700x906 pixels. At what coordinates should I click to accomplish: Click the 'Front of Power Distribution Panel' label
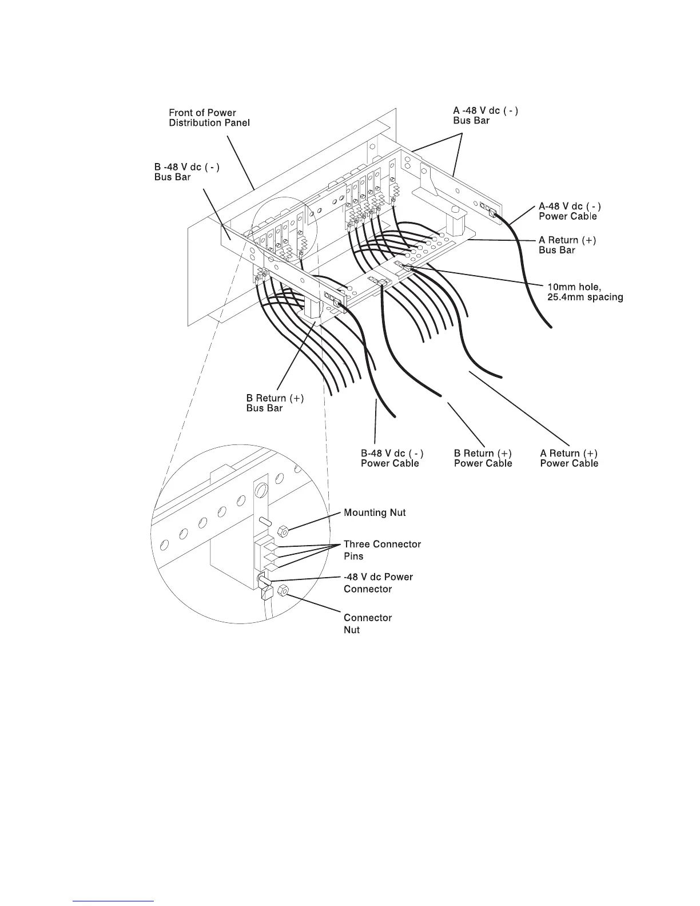point(209,118)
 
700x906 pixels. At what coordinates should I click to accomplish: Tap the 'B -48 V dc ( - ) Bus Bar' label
point(187,172)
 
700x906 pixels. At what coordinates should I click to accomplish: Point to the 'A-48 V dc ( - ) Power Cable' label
point(570,211)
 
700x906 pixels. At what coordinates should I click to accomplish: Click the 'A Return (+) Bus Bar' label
point(567,245)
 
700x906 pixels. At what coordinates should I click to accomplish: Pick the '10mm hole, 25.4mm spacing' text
point(584,292)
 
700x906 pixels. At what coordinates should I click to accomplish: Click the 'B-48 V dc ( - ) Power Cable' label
point(392,458)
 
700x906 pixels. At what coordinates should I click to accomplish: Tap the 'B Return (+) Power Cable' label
point(483,458)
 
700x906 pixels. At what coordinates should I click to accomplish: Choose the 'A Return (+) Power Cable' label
point(569,458)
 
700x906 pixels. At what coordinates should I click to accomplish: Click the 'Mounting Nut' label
point(375,512)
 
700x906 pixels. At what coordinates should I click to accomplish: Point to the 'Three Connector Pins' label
point(382,550)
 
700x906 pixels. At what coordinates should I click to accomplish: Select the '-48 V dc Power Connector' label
point(378,583)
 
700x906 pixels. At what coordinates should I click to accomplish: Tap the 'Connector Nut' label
point(368,623)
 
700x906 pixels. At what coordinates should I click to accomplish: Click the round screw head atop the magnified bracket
point(261,490)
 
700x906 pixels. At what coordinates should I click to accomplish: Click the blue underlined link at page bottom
point(114,901)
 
